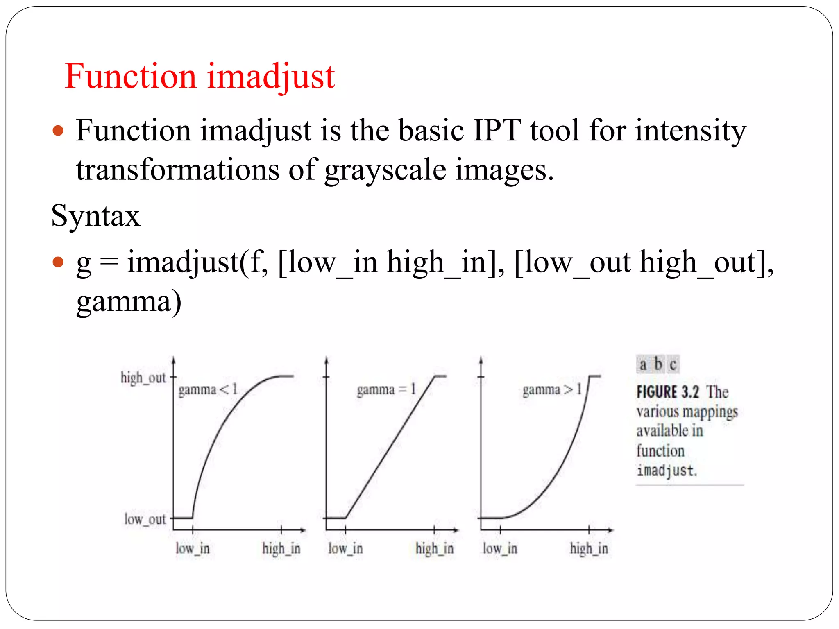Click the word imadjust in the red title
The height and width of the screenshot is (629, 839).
click(x=271, y=77)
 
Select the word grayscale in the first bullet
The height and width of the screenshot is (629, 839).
click(x=385, y=170)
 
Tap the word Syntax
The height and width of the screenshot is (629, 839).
click(x=95, y=216)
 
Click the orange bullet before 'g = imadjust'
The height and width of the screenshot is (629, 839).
click(x=59, y=262)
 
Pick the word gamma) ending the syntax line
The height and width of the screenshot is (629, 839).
click(x=129, y=302)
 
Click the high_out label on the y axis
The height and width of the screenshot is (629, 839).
click(x=143, y=378)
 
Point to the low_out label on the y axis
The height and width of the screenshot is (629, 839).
click(x=145, y=519)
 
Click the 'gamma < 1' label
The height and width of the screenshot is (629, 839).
click(x=208, y=389)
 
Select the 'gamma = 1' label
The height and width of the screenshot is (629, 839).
click(x=386, y=389)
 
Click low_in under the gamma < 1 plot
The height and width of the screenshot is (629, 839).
click(x=193, y=548)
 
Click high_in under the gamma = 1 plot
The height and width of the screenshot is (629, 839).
click(x=434, y=548)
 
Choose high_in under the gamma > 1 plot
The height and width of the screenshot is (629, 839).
click(x=589, y=548)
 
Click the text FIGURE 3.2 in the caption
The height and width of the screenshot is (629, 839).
click(x=667, y=392)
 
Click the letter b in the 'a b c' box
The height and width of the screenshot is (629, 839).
click(x=658, y=364)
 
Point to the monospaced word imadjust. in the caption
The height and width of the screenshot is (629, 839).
click(x=667, y=471)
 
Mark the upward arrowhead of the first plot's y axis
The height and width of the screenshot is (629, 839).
click(x=174, y=360)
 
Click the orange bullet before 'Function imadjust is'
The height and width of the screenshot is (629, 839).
click(x=59, y=131)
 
